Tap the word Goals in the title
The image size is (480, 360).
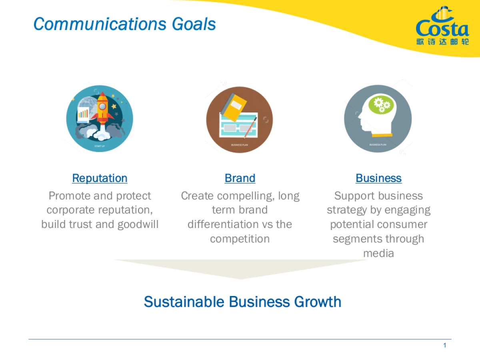[x=194, y=24]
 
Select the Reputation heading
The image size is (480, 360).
[x=100, y=178]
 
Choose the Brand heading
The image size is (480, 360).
[x=240, y=178]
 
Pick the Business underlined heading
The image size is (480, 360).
[x=378, y=178]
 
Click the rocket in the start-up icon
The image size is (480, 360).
[x=102, y=108]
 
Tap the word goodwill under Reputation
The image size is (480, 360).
[x=138, y=224]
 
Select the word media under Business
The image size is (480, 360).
[x=378, y=253]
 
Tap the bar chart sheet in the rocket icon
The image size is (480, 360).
[x=84, y=113]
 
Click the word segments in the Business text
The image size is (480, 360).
[x=354, y=239]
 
